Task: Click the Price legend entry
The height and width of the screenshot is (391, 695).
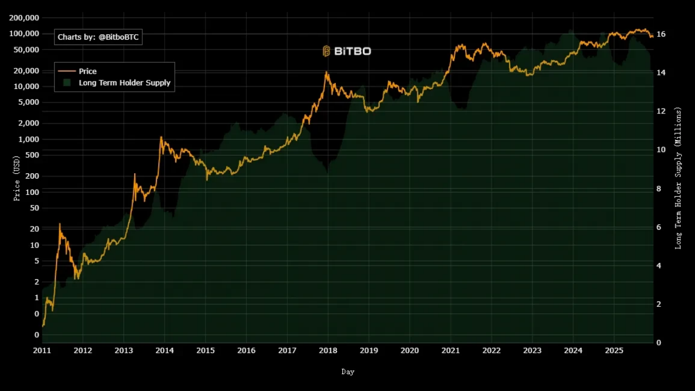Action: [87, 71]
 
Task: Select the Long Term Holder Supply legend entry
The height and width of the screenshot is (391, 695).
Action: [124, 83]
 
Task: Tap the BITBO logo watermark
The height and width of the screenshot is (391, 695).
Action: [347, 51]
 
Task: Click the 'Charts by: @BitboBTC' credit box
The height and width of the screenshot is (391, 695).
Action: [98, 37]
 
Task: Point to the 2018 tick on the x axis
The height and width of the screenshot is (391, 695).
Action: [328, 351]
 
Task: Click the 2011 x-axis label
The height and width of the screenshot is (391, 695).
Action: [42, 351]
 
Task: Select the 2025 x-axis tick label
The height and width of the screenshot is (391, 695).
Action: [614, 351]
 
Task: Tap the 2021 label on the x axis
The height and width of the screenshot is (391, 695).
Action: [450, 351]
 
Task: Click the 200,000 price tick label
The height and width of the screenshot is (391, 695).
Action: [24, 18]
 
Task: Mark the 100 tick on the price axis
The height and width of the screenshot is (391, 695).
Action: [32, 192]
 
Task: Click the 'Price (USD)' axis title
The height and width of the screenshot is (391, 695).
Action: [17, 179]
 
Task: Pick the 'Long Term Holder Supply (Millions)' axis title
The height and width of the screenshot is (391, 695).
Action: [678, 178]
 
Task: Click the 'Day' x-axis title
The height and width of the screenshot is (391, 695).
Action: [348, 372]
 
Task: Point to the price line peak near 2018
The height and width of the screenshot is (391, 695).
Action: [326, 72]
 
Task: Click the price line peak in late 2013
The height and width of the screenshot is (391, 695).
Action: [161, 137]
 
